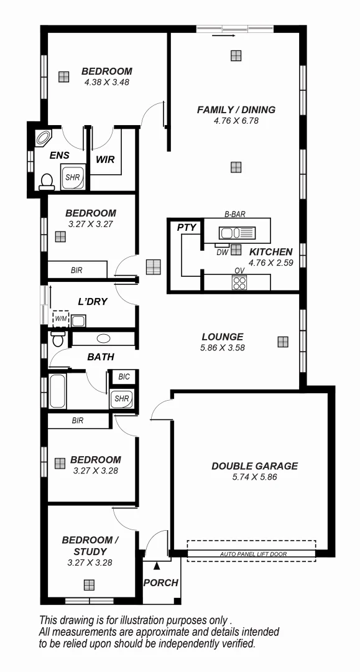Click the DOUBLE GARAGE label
[254, 465]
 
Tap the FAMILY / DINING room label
[236, 110]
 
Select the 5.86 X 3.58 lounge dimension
[222, 348]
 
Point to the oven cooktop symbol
[239, 282]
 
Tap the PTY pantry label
[187, 228]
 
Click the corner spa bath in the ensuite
[45, 138]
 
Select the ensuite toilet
[46, 180]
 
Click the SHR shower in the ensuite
[73, 177]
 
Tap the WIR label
[105, 159]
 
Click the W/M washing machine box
[60, 319]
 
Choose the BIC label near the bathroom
[123, 377]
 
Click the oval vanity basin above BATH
[103, 339]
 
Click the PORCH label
[160, 583]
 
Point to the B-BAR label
[235, 214]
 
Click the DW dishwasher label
[222, 252]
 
